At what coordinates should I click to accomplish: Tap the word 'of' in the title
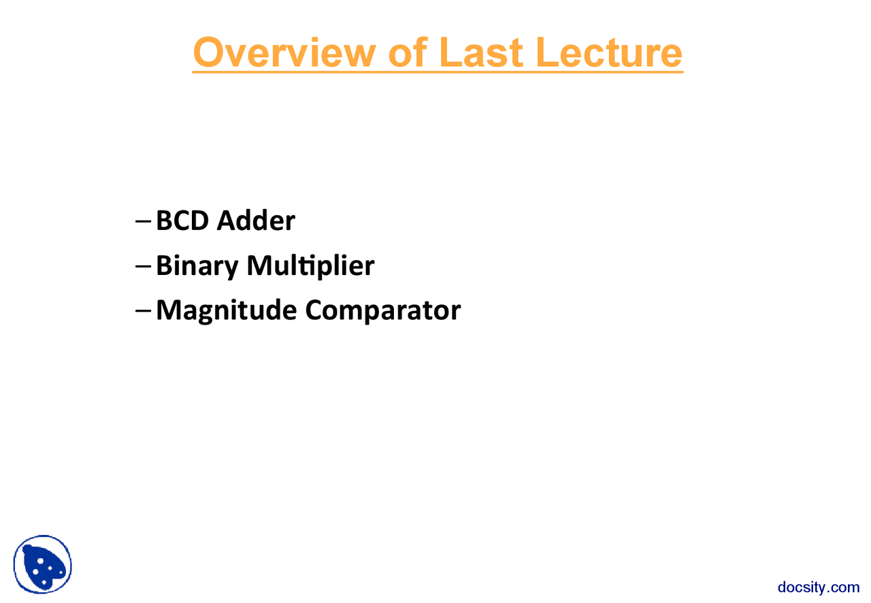click(x=408, y=52)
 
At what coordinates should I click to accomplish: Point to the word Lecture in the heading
click(x=608, y=52)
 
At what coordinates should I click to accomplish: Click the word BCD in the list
click(x=182, y=221)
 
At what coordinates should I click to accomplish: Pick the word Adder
click(x=256, y=221)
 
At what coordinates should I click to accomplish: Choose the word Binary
click(x=197, y=265)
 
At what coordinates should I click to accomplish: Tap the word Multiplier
click(x=310, y=265)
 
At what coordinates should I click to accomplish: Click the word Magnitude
click(x=226, y=310)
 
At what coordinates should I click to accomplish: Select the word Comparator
click(x=382, y=310)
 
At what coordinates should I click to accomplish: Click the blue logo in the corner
click(x=42, y=564)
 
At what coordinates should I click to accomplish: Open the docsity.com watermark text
click(x=819, y=587)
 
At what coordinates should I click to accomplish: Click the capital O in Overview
click(x=208, y=52)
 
